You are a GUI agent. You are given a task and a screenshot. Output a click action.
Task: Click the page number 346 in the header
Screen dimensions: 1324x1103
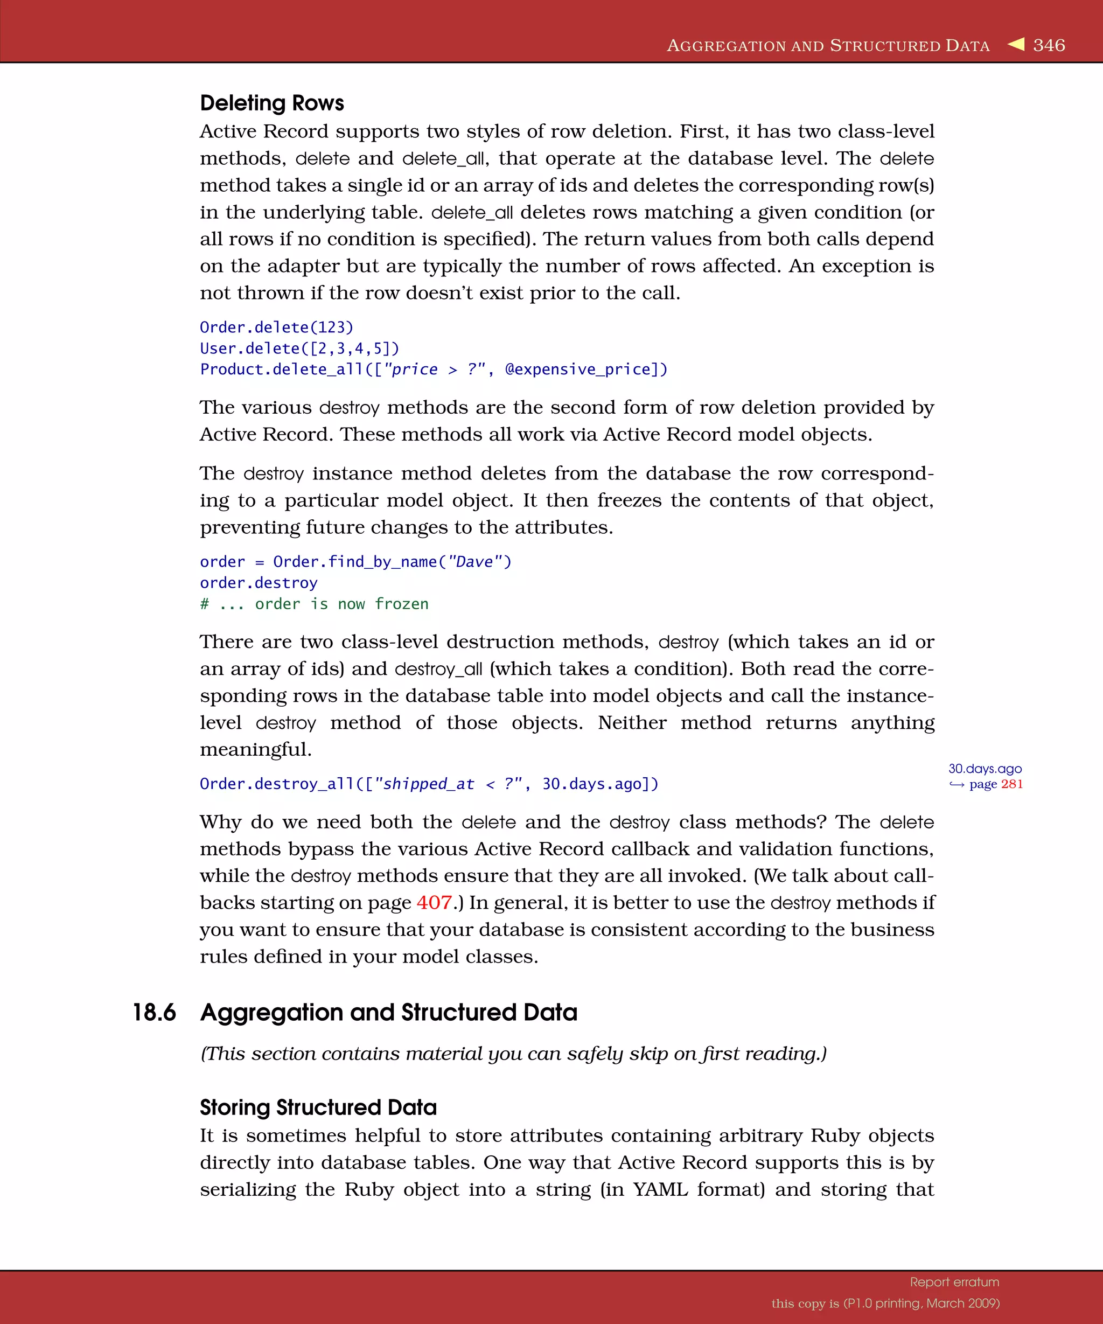pos(1049,45)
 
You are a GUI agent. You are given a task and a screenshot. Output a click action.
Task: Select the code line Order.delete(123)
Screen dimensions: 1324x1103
pos(277,327)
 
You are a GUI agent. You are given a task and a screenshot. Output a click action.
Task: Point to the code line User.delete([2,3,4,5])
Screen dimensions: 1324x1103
pos(299,348)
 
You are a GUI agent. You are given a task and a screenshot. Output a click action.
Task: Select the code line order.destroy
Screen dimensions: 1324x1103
pos(259,583)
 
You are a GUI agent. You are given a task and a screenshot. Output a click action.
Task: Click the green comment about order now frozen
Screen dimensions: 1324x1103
pos(314,604)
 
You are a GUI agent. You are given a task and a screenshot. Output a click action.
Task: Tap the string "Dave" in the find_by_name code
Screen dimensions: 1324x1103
pos(474,562)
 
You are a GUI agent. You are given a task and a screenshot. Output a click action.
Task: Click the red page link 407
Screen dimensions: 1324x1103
pos(434,903)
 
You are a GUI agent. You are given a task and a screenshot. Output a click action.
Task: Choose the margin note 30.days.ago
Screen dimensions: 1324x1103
pos(985,769)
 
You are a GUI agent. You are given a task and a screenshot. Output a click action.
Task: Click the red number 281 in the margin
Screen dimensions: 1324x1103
pos(1011,784)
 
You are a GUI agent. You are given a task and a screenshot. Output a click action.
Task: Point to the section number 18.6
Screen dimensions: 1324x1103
pos(154,1013)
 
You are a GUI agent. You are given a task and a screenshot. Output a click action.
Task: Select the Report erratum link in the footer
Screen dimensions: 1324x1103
pos(954,1282)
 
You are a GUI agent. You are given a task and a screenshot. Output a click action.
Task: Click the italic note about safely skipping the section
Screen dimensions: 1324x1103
pos(513,1054)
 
